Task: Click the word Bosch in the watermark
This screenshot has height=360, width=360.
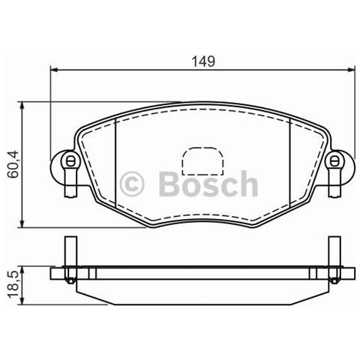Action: click(208, 184)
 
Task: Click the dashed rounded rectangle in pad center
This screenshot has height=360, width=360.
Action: click(202, 161)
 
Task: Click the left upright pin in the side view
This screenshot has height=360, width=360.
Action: click(70, 251)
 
